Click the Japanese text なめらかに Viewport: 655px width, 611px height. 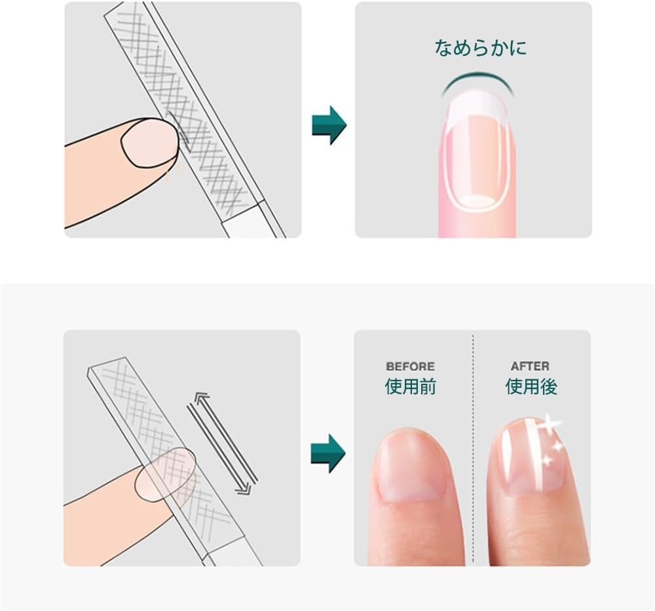pyautogui.click(x=480, y=48)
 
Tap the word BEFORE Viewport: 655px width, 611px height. pyautogui.click(x=410, y=367)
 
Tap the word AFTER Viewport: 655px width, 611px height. pyautogui.click(x=530, y=366)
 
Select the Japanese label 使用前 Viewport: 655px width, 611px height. pyautogui.click(x=410, y=386)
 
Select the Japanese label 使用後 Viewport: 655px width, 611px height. pyautogui.click(x=531, y=386)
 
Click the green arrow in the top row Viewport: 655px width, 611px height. pyautogui.click(x=329, y=125)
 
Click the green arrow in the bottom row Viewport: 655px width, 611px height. pyautogui.click(x=328, y=454)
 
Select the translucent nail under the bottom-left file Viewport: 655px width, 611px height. pyautogui.click(x=166, y=474)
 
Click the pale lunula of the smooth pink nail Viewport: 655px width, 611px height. pyautogui.click(x=477, y=201)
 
